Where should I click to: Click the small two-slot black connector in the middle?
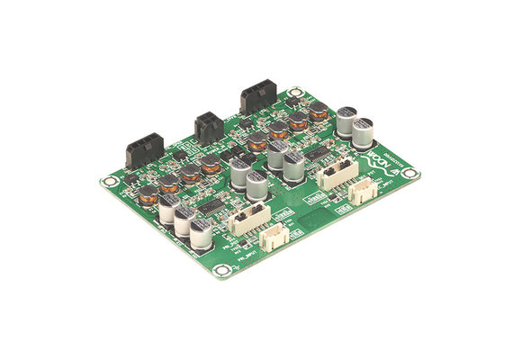[207, 126]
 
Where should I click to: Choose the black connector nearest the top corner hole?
[258, 99]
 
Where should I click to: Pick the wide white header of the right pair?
[336, 175]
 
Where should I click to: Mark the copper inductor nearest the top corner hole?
[318, 112]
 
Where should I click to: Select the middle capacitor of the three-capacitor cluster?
[184, 220]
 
